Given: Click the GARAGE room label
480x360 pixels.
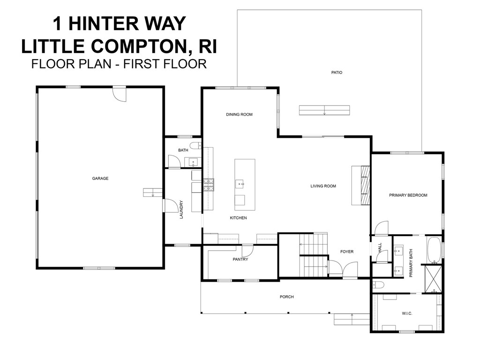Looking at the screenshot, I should coord(100,178).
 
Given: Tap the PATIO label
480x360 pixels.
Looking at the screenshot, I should coord(337,73).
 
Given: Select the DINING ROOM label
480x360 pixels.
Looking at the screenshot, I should coord(239,114).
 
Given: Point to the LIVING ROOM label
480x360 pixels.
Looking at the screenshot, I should coord(323,186).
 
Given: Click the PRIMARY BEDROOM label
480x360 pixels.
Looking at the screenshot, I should coord(408,195).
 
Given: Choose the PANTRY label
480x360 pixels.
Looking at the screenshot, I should coord(240,259).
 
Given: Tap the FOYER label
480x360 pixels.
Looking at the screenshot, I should coord(346,252).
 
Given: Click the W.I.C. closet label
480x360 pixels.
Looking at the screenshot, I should coord(406,313).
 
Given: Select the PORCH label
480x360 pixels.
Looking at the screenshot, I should coord(286,297).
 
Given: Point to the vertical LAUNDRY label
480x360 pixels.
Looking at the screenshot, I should coord(180,210).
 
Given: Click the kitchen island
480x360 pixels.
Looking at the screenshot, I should coord(245,185).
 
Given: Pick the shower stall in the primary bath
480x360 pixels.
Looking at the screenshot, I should coord(432,279).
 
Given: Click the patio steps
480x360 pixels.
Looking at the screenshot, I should coord(324,110).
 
